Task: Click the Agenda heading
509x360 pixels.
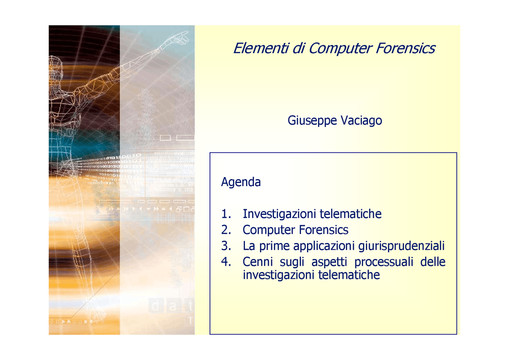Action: (x=241, y=182)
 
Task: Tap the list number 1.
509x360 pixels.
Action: (x=226, y=214)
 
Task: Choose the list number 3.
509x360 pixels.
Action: (x=226, y=246)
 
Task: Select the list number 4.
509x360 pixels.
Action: (x=226, y=262)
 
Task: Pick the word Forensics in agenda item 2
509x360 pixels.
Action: (x=324, y=230)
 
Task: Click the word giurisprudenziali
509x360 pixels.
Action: (x=401, y=246)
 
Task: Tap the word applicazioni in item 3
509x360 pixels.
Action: (x=324, y=246)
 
